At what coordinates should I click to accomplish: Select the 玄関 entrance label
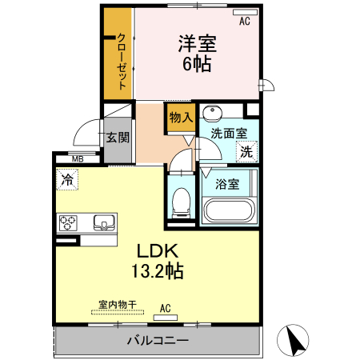(x=118, y=137)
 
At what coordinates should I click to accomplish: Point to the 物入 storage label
(x=180, y=117)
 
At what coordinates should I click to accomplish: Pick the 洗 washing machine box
(x=246, y=150)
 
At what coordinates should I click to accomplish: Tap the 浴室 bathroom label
(x=226, y=183)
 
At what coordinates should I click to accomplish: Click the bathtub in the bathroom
(x=228, y=212)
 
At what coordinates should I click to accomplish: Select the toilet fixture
(x=181, y=200)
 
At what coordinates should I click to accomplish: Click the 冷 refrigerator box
(x=67, y=180)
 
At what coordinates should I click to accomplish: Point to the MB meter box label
(x=77, y=159)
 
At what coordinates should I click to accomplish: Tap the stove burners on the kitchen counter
(x=67, y=222)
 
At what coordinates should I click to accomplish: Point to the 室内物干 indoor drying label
(x=118, y=304)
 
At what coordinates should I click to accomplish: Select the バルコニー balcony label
(x=158, y=342)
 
